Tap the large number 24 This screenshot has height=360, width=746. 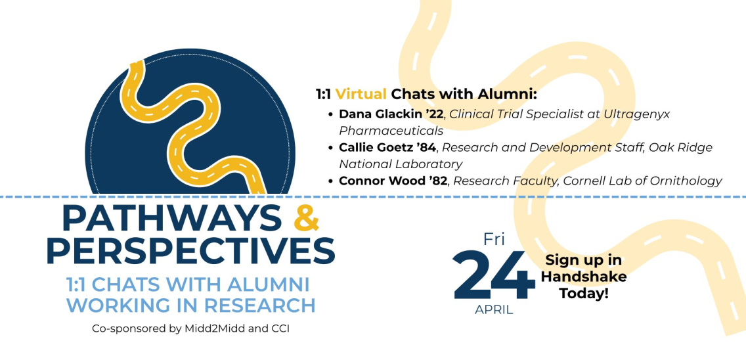point(494,276)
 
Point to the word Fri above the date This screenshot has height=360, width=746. point(494,239)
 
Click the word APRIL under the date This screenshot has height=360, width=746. point(494,309)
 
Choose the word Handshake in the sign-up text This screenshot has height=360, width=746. point(583,277)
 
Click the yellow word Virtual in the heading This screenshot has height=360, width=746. point(362,94)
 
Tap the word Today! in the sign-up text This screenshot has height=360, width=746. point(583,293)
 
